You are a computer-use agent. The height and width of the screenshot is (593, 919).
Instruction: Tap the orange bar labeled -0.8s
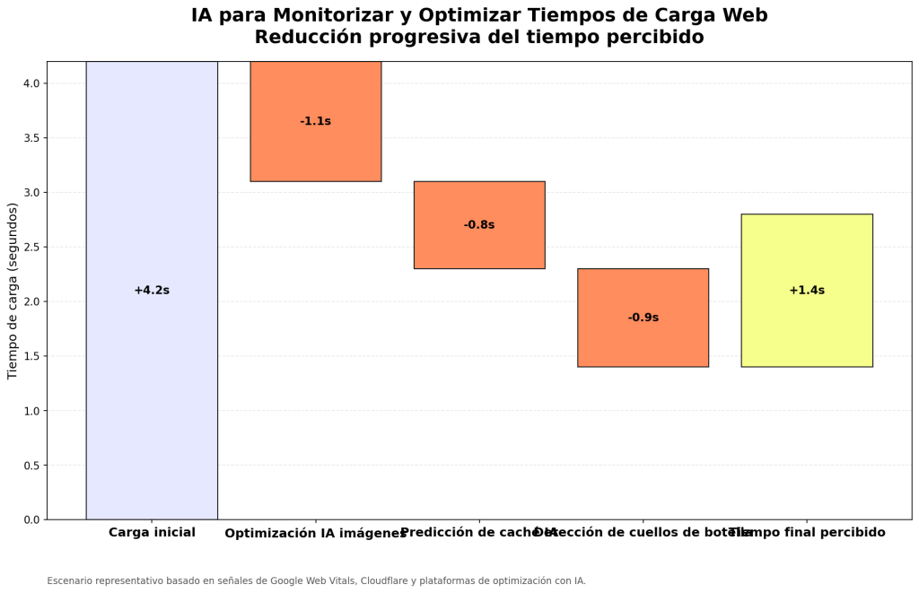coord(478,247)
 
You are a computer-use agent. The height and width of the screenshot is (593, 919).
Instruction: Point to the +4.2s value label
coord(152,291)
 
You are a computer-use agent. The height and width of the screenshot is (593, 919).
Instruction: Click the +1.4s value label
coord(806,291)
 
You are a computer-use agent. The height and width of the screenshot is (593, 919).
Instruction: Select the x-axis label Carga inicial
coord(152,533)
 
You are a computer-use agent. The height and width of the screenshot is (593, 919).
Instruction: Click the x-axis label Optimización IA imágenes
coord(315,534)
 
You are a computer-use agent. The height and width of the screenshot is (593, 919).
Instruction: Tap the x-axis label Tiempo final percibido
coord(807,533)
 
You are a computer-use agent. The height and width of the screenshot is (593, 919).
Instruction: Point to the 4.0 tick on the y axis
coord(31,83)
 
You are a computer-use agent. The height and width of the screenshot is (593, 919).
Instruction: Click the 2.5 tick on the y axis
coord(31,248)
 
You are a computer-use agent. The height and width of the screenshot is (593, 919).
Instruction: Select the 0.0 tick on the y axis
coord(31,520)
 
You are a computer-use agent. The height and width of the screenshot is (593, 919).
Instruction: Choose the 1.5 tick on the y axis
coord(31,356)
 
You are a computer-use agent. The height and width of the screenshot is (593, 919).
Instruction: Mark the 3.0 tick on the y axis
coord(31,193)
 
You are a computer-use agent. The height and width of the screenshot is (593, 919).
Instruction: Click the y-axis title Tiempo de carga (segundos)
coord(13,291)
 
